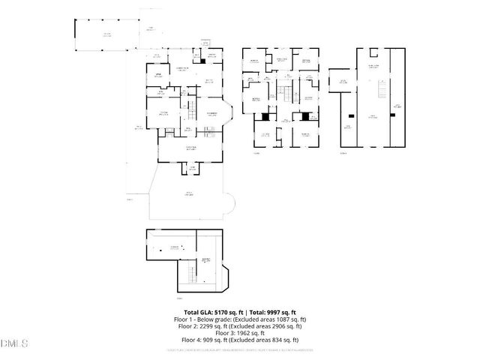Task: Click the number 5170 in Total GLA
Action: click(x=216, y=312)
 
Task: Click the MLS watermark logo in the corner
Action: click(x=13, y=343)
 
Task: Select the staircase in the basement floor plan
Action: click(x=192, y=278)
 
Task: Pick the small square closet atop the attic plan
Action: click(x=372, y=52)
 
